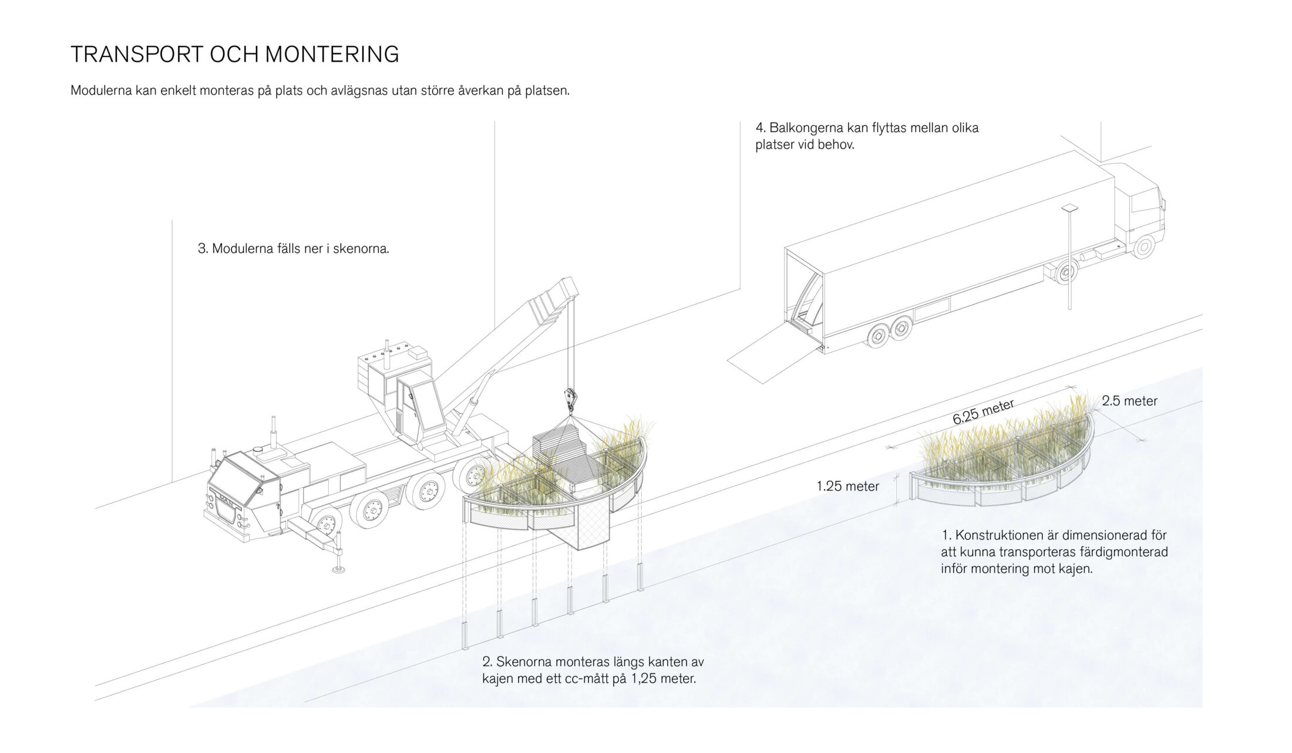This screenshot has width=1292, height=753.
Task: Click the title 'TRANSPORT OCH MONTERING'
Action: point(234,55)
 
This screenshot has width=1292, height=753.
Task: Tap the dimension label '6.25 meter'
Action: point(983,412)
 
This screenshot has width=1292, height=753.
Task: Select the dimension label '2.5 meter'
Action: point(1129,401)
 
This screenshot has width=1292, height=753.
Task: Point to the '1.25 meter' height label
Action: point(847,486)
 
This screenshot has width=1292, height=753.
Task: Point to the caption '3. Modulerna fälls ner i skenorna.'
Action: point(294,248)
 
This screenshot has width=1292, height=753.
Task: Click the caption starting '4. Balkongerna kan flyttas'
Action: point(867,136)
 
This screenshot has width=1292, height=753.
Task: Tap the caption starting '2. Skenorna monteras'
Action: point(593,670)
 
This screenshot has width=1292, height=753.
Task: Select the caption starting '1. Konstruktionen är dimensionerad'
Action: point(1054,552)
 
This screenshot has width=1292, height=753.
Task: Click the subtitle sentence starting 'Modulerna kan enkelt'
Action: point(320,91)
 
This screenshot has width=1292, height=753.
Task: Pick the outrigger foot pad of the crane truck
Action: point(339,569)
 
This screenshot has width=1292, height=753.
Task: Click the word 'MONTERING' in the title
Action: point(332,55)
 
